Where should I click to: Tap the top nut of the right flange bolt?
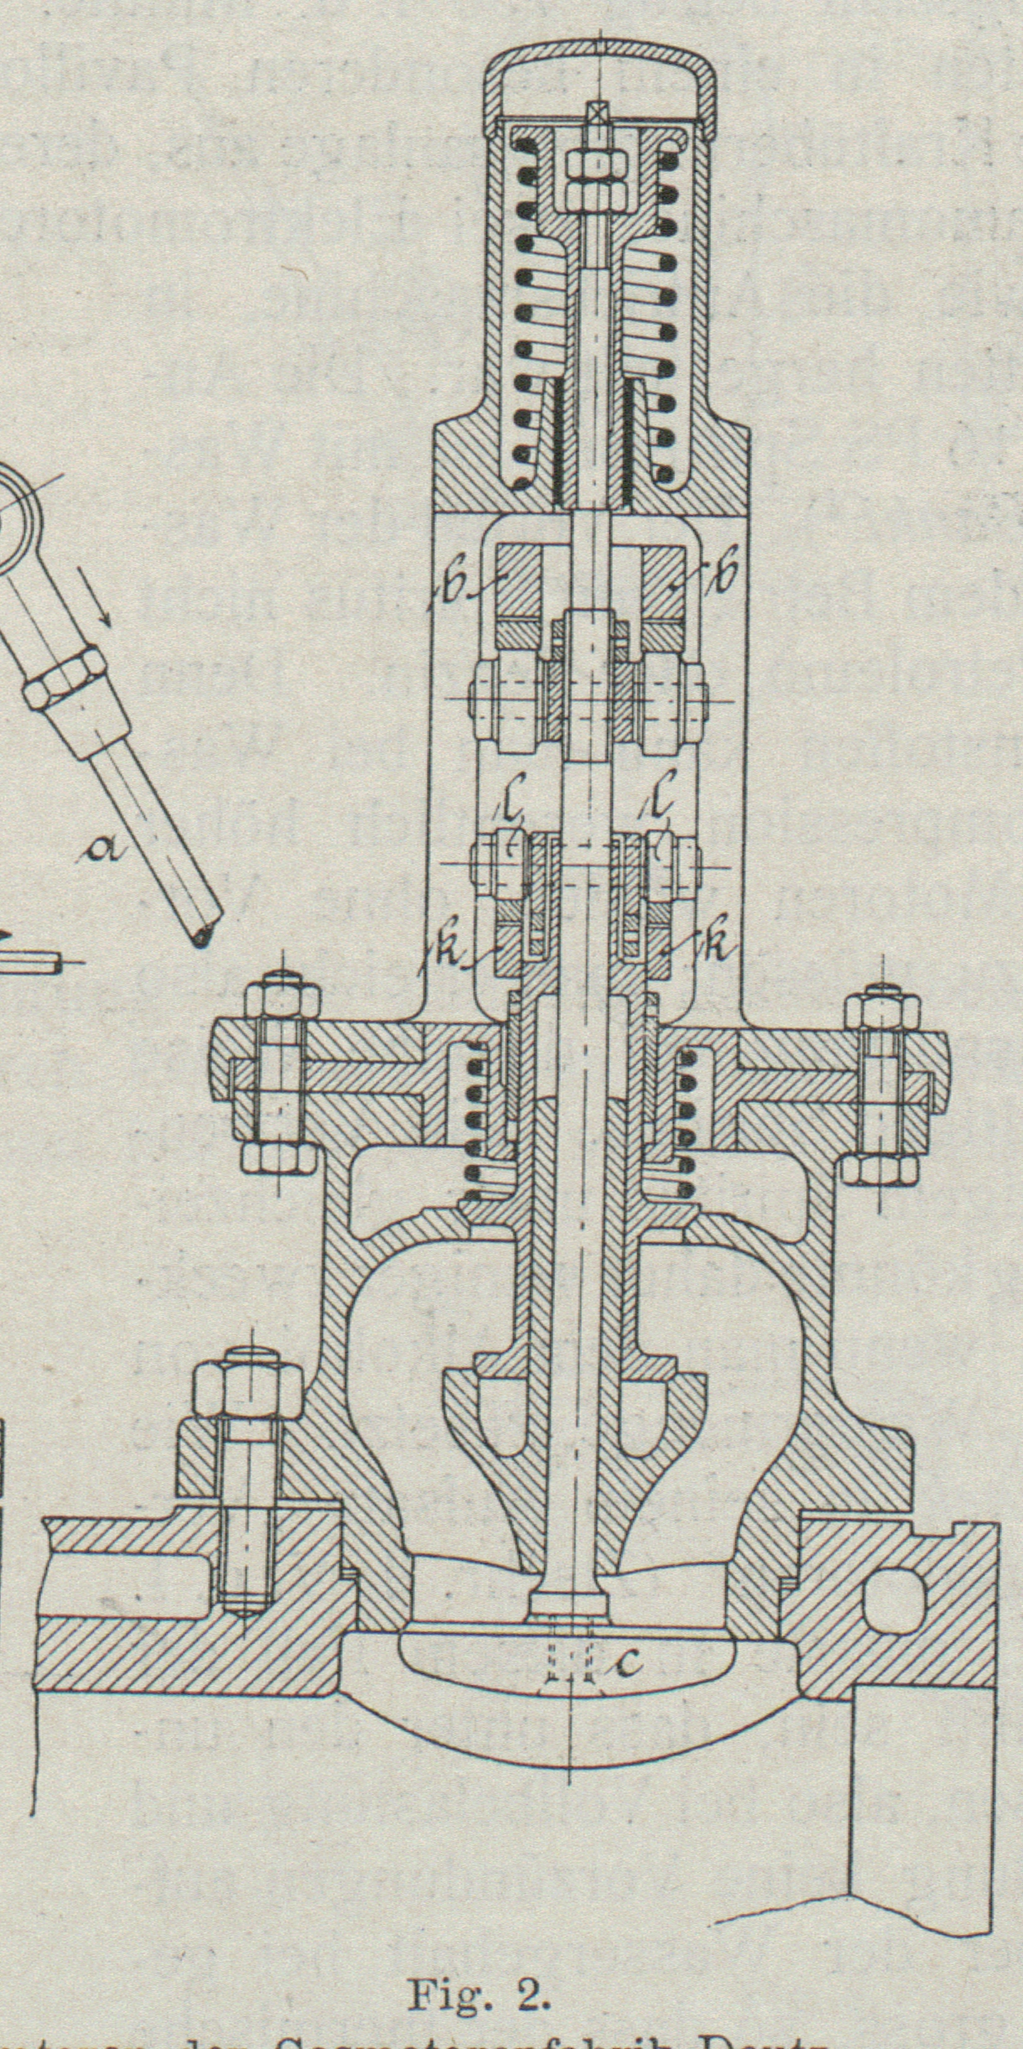pyautogui.click(x=881, y=1012)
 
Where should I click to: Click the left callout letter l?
pyautogui.click(x=514, y=809)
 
